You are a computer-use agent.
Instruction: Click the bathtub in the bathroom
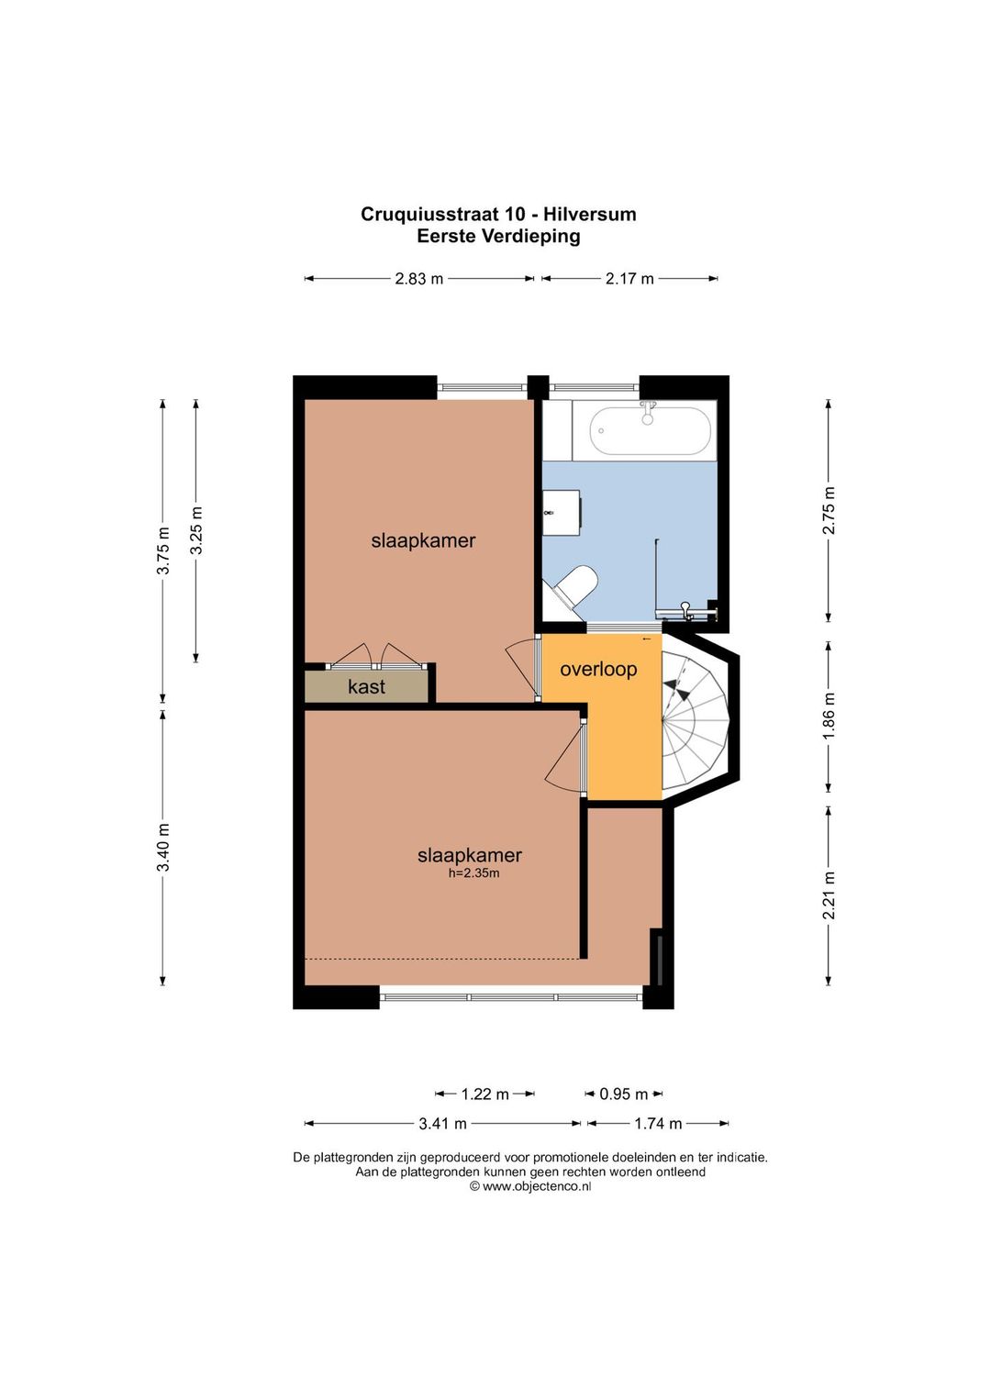pyautogui.click(x=650, y=431)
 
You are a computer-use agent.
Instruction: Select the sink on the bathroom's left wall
pyautogui.click(x=562, y=513)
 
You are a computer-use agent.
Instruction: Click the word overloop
pyautogui.click(x=598, y=670)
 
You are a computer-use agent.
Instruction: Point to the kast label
pyautogui.click(x=366, y=687)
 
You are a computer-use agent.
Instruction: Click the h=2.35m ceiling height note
pyautogui.click(x=473, y=873)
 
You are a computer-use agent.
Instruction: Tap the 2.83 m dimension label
pyautogui.click(x=419, y=279)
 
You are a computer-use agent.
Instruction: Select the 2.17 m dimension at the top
pyautogui.click(x=629, y=279)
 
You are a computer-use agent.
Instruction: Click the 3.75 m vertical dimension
pyautogui.click(x=163, y=550)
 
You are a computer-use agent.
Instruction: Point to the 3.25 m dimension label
pyautogui.click(x=196, y=530)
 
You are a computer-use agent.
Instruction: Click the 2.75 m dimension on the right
pyautogui.click(x=830, y=511)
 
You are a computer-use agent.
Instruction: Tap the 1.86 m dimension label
pyautogui.click(x=830, y=717)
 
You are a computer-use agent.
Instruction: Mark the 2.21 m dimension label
pyautogui.click(x=830, y=895)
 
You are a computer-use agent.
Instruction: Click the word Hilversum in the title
pyautogui.click(x=590, y=215)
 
